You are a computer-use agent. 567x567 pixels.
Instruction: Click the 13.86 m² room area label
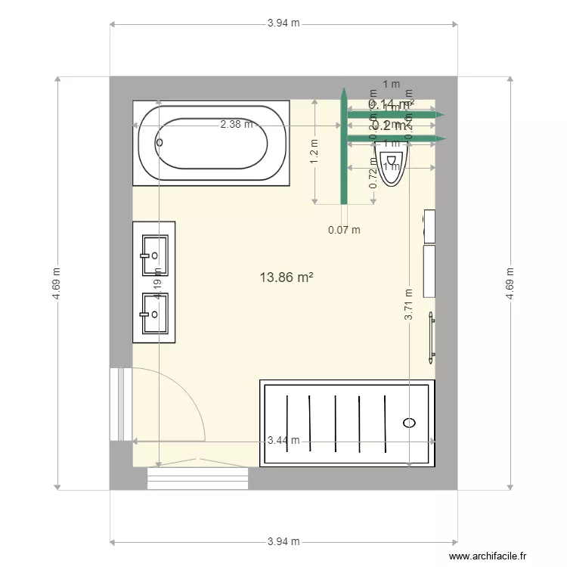(287, 277)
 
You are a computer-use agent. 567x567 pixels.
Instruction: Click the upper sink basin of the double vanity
(155, 256)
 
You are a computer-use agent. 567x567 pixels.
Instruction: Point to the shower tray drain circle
(410, 423)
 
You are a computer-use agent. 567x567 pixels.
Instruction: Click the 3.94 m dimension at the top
(283, 23)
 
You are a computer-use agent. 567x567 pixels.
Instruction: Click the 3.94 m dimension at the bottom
(283, 541)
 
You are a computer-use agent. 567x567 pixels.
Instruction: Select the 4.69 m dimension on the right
(510, 283)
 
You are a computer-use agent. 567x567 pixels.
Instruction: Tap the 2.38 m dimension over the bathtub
(236, 125)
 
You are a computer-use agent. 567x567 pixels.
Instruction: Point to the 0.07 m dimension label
(344, 231)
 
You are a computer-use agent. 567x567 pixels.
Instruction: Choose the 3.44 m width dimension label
(283, 441)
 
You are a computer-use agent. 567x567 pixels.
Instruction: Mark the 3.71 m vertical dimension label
(408, 306)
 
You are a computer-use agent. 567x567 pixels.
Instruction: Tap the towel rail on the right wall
(432, 333)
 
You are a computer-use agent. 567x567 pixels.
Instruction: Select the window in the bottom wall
(198, 479)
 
